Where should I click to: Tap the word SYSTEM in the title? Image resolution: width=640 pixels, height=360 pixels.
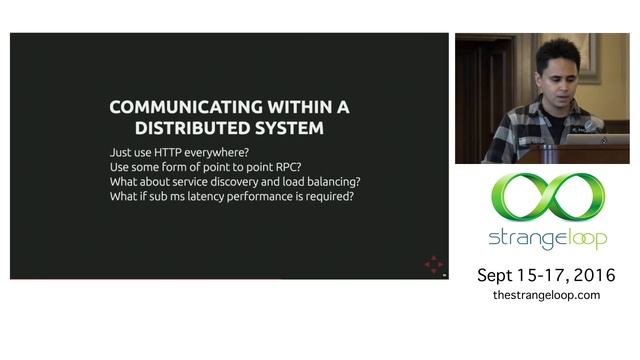(295, 129)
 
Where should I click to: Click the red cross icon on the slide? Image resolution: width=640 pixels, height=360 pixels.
(433, 264)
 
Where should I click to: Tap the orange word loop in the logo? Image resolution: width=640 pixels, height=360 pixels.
(579, 240)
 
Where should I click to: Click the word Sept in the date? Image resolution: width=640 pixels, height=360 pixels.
(495, 275)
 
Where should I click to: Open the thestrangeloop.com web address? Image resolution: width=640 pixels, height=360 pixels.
(546, 295)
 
